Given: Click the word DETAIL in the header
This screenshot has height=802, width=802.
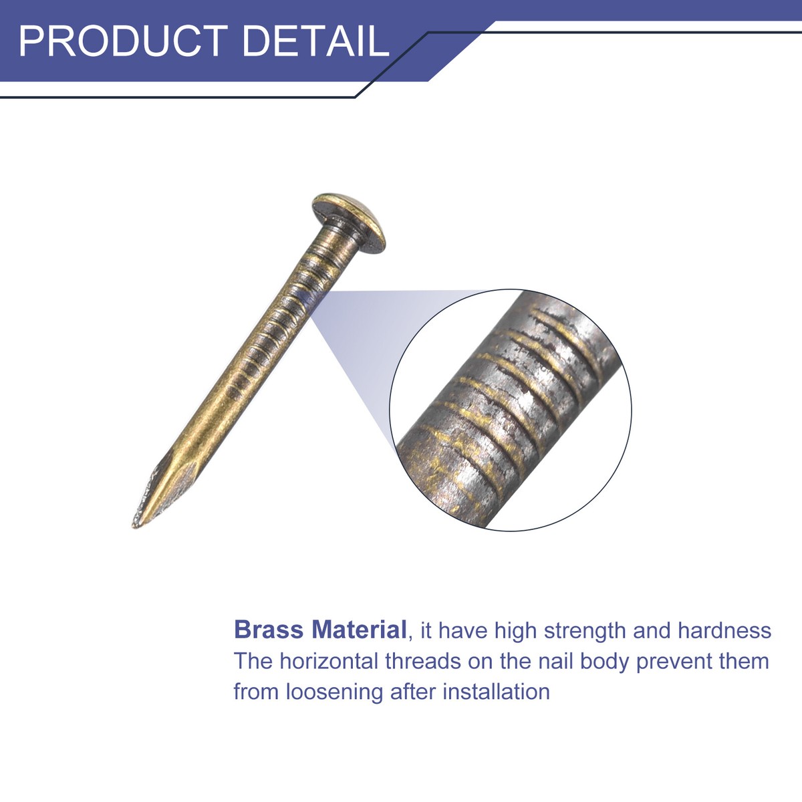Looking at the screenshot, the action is pyautogui.click(x=315, y=41).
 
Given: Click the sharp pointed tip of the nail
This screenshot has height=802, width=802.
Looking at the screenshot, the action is pyautogui.click(x=135, y=527).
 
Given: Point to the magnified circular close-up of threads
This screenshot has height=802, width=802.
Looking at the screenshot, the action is pyautogui.click(x=511, y=410).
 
